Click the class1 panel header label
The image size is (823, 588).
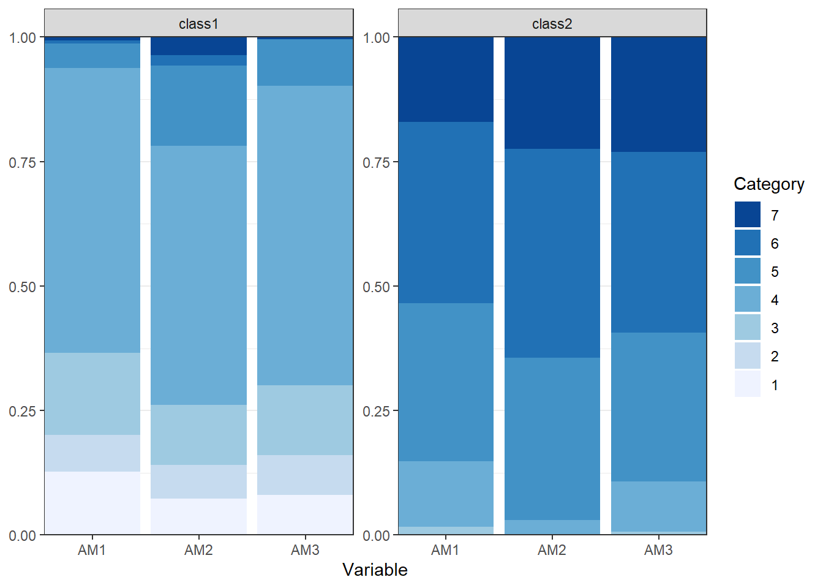point(199,24)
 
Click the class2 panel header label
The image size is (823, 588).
point(552,24)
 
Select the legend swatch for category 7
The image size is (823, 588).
point(748,214)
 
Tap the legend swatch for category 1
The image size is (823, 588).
point(748,383)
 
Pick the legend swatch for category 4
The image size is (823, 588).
point(748,299)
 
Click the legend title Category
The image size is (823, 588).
point(769,184)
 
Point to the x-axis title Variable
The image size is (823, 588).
point(375,570)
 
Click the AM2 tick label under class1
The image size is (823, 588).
point(198,550)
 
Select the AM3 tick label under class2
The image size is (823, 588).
point(658,550)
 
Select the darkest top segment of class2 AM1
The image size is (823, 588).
point(446,80)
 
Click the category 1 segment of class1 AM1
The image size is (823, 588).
point(92,503)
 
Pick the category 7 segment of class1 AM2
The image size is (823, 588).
point(199,46)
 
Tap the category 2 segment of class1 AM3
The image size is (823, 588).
point(305,475)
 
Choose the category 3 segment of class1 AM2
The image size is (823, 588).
point(199,435)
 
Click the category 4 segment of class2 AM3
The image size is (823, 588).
point(659,507)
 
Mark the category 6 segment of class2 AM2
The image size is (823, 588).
point(552,253)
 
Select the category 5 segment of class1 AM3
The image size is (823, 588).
point(305,62)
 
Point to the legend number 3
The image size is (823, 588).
point(775,328)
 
